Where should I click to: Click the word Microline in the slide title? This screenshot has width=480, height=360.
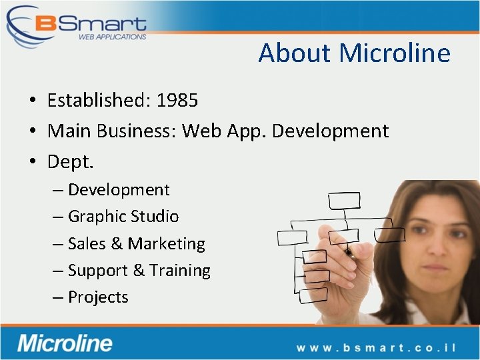395,53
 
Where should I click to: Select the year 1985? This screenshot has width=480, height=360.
177,101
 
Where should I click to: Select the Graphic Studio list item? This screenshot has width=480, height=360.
123,217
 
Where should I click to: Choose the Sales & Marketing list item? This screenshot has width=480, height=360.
136,244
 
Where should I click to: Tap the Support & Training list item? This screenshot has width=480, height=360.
139,271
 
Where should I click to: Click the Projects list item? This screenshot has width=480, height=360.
98,297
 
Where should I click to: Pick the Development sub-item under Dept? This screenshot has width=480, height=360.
119,190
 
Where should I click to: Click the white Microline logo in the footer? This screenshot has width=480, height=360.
65,343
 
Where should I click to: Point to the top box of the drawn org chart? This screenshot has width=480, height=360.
343,200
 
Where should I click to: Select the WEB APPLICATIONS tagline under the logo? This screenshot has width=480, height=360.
112,37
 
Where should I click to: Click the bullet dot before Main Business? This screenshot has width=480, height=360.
32,131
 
